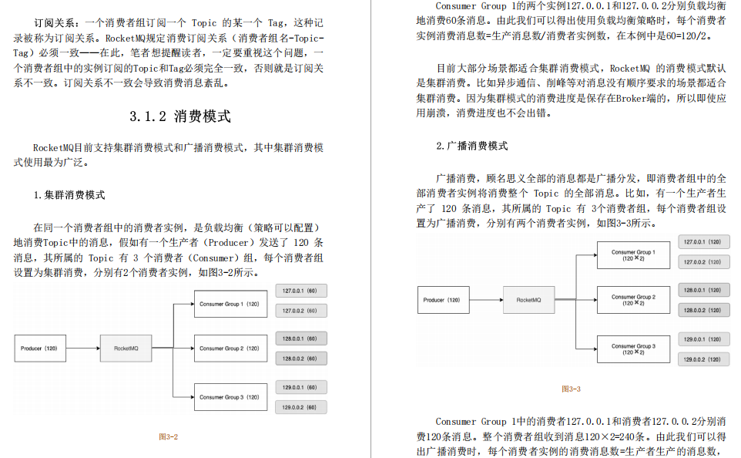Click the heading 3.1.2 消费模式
click(x=180, y=117)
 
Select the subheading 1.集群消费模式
click(x=69, y=195)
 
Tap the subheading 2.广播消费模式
click(x=471, y=146)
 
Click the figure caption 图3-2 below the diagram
click(x=169, y=436)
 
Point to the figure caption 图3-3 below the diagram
click(x=571, y=389)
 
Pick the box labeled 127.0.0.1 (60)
click(x=300, y=291)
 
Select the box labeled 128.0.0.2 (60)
click(x=300, y=359)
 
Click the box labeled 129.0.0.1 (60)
click(x=300, y=388)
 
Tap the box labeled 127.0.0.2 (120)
click(x=703, y=262)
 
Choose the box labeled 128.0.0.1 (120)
click(x=703, y=290)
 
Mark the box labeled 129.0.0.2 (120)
click(x=703, y=359)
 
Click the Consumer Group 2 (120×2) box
click(x=633, y=299)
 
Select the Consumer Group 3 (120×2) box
click(x=633, y=349)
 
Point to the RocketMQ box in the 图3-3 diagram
click(x=528, y=299)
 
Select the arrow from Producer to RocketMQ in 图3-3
click(x=486, y=299)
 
